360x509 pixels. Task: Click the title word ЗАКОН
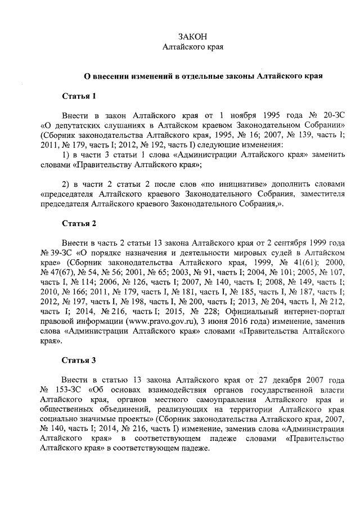coord(193,37)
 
